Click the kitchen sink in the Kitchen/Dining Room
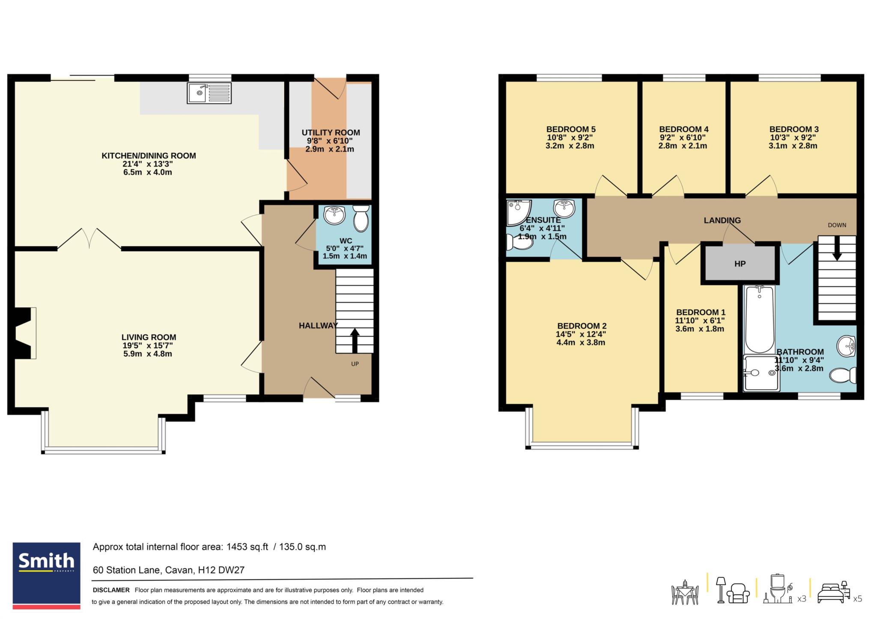[x=209, y=93]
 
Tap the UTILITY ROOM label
[x=331, y=133]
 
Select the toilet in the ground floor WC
[x=361, y=218]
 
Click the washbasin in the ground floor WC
[x=334, y=215]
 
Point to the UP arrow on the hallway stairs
[x=355, y=340]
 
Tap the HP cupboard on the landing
[x=740, y=264]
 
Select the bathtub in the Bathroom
[x=759, y=319]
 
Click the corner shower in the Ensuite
[x=519, y=213]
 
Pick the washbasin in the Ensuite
[x=564, y=208]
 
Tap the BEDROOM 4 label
[x=683, y=129]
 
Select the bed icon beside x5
[x=833, y=592]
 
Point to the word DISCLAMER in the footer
[x=111, y=590]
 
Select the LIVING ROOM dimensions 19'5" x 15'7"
[x=147, y=345]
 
